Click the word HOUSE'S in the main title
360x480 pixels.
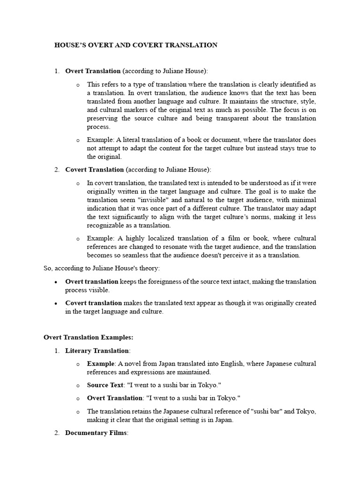click(70, 45)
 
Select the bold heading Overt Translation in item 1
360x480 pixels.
click(93, 71)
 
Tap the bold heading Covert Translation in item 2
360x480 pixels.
click(94, 169)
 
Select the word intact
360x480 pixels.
click(241, 282)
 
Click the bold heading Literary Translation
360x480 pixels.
click(97, 350)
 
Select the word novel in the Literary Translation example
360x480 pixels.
click(132, 364)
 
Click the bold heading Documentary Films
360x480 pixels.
click(96, 433)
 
